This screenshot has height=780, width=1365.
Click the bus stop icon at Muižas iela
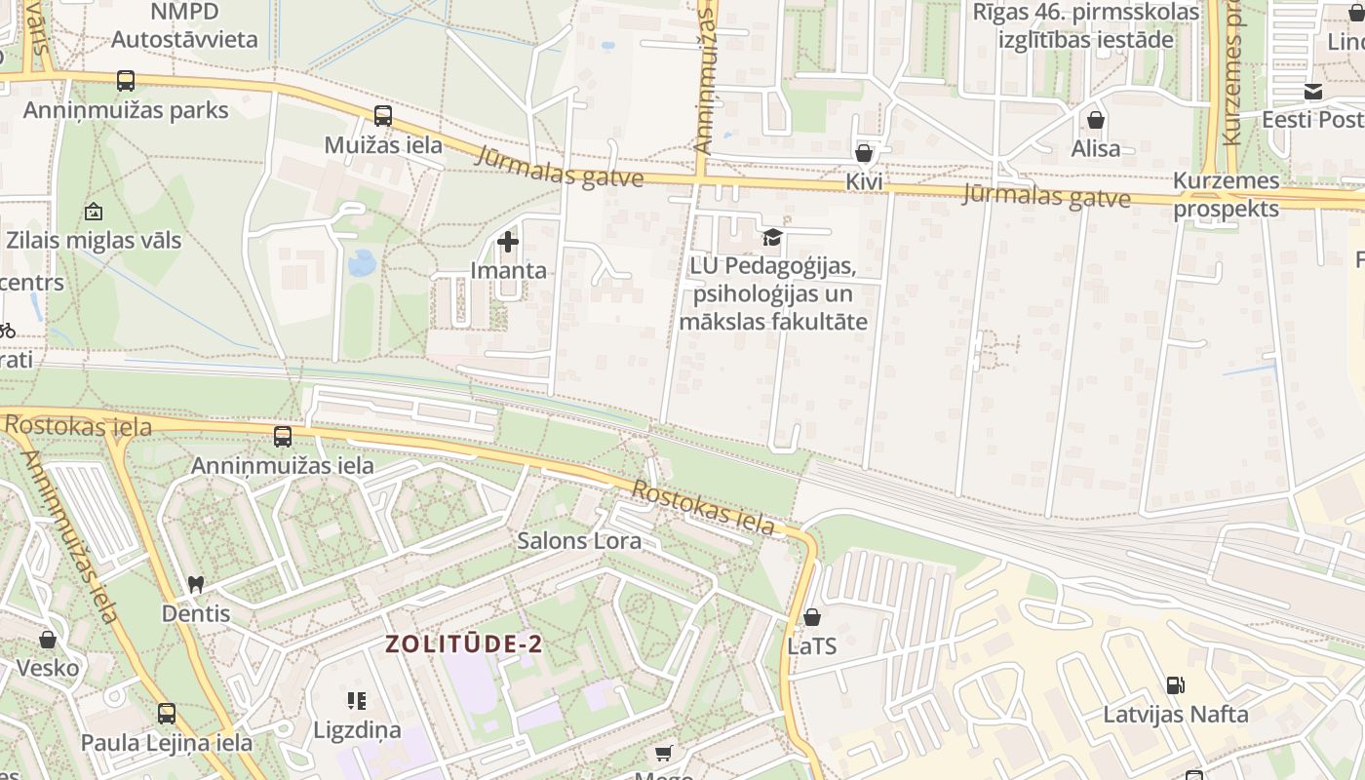pyautogui.click(x=383, y=116)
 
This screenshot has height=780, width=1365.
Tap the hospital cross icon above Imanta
pyautogui.click(x=508, y=241)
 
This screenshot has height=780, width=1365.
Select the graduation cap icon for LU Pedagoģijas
pyautogui.click(x=772, y=237)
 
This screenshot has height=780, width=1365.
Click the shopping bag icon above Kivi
pyautogui.click(x=863, y=153)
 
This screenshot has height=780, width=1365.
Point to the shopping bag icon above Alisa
pyautogui.click(x=1096, y=120)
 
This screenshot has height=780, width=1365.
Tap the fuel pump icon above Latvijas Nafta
pyautogui.click(x=1176, y=685)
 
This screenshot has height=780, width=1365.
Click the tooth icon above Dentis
pyautogui.click(x=196, y=585)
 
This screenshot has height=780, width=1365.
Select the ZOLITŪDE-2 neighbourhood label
pyautogui.click(x=463, y=644)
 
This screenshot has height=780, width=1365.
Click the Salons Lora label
pyautogui.click(x=579, y=540)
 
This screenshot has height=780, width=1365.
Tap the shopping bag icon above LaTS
pyautogui.click(x=811, y=617)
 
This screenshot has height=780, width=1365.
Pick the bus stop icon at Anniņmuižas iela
pyautogui.click(x=283, y=437)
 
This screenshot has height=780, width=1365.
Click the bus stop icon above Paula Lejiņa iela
pyautogui.click(x=167, y=714)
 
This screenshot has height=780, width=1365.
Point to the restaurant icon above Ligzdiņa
pyautogui.click(x=356, y=701)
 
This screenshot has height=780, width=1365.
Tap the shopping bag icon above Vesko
pyautogui.click(x=48, y=640)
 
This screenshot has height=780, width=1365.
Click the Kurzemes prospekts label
pyautogui.click(x=1226, y=195)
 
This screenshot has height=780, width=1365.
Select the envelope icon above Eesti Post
pyautogui.click(x=1312, y=92)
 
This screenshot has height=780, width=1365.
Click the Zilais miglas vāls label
pyautogui.click(x=94, y=240)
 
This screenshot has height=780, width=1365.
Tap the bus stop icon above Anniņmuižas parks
pyautogui.click(x=126, y=81)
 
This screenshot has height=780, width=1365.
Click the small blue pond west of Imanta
pyautogui.click(x=362, y=262)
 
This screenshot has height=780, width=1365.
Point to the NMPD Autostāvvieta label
pyautogui.click(x=184, y=26)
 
